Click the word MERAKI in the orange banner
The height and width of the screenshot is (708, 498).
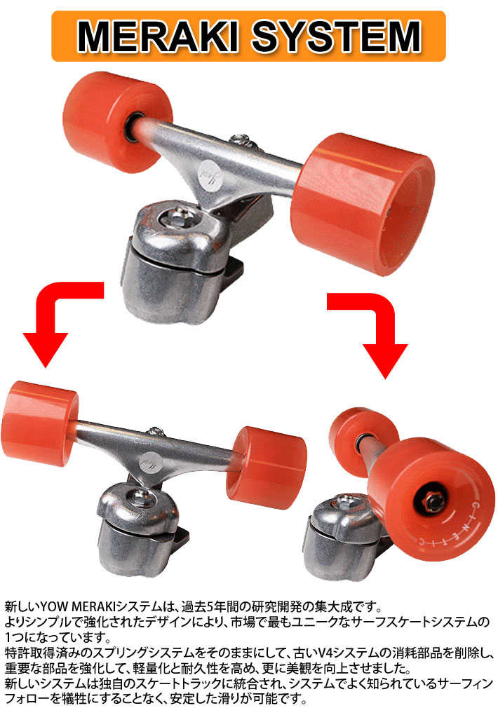click(158, 36)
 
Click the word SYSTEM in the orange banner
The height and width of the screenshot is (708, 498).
click(337, 36)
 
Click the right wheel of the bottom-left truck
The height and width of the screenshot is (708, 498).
click(267, 468)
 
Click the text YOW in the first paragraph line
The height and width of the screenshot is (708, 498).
click(55, 606)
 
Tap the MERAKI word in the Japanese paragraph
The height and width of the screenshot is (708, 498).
click(93, 606)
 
